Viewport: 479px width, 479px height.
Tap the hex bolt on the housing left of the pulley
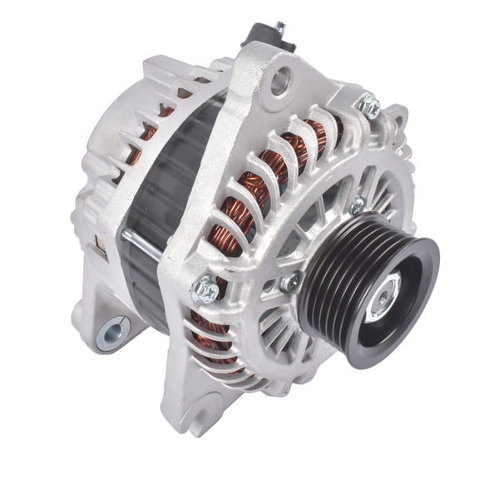coord(205,290)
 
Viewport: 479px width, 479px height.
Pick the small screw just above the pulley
coord(358,205)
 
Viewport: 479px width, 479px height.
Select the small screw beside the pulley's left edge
coord(290,283)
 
